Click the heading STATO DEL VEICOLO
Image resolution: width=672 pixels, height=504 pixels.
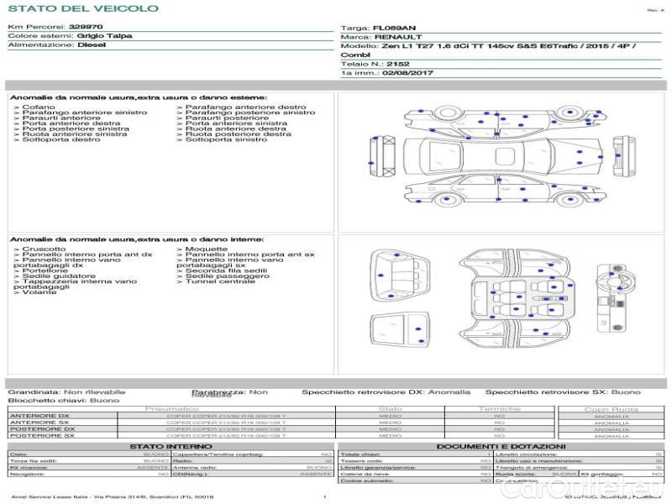tap(82, 8)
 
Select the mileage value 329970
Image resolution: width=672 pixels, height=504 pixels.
tap(86, 27)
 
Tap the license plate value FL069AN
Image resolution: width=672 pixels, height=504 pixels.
tap(394, 28)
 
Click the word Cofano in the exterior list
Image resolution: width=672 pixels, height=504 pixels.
tap(39, 108)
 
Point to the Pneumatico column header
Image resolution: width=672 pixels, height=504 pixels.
tap(171, 408)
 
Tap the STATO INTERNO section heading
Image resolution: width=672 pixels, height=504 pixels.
tap(171, 446)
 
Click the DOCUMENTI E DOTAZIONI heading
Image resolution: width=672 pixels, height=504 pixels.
tap(501, 446)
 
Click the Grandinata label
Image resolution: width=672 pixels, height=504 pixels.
tap(34, 391)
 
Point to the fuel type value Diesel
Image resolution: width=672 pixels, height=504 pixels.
tap(92, 45)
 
